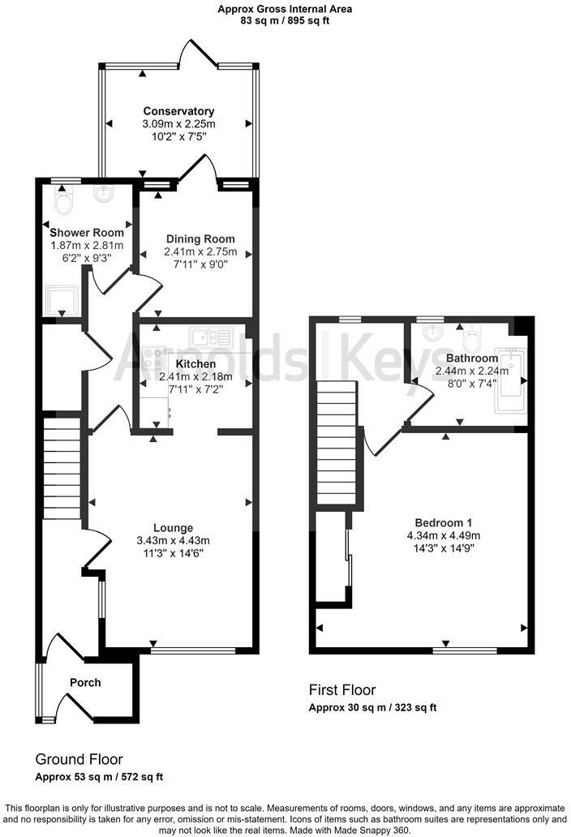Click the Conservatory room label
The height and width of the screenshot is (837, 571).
point(178,111)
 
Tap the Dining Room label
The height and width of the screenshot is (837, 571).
point(200,239)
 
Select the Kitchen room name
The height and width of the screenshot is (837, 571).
point(195,364)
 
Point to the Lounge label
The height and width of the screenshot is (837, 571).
point(173,529)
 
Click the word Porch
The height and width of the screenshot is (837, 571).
point(85,682)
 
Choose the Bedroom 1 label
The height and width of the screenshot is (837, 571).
point(444,523)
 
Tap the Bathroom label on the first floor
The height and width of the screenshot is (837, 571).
point(472,358)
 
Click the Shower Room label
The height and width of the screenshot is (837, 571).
point(87,233)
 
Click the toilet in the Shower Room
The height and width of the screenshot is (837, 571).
point(63,202)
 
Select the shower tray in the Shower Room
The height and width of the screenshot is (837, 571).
point(62,301)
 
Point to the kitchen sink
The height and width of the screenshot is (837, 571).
point(211,337)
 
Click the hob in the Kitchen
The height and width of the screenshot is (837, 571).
point(153,358)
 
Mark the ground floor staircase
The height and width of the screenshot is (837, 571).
point(62,468)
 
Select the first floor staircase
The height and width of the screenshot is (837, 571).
point(336,443)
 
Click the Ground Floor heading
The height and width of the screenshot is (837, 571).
point(79,759)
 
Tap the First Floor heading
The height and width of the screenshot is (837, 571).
point(342,690)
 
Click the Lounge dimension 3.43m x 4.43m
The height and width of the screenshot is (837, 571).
point(173,541)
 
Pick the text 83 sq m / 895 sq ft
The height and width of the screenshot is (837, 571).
point(285,21)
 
